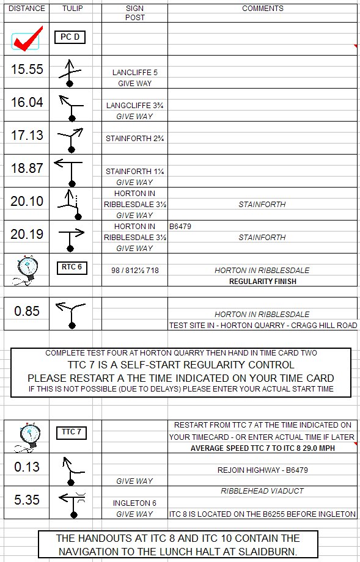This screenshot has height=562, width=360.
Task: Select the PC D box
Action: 70,37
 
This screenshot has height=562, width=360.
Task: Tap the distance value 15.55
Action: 27,69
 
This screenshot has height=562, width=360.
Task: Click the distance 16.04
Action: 27,102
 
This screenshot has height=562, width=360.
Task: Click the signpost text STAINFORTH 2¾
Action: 135,139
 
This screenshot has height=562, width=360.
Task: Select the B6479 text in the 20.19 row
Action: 180,227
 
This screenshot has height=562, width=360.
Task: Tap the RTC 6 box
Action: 72,268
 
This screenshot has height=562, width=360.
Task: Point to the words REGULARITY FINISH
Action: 262,282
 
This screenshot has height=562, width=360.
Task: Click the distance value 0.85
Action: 27,311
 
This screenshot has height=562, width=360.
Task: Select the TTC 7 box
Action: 72,432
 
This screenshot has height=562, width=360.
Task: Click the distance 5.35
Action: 27,500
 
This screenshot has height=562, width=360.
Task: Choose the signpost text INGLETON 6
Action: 134,503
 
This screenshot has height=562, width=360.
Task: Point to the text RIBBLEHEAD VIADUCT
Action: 262,491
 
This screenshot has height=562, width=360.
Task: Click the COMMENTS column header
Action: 263,9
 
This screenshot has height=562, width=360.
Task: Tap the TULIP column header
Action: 73,9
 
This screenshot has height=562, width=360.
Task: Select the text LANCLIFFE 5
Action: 135,73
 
